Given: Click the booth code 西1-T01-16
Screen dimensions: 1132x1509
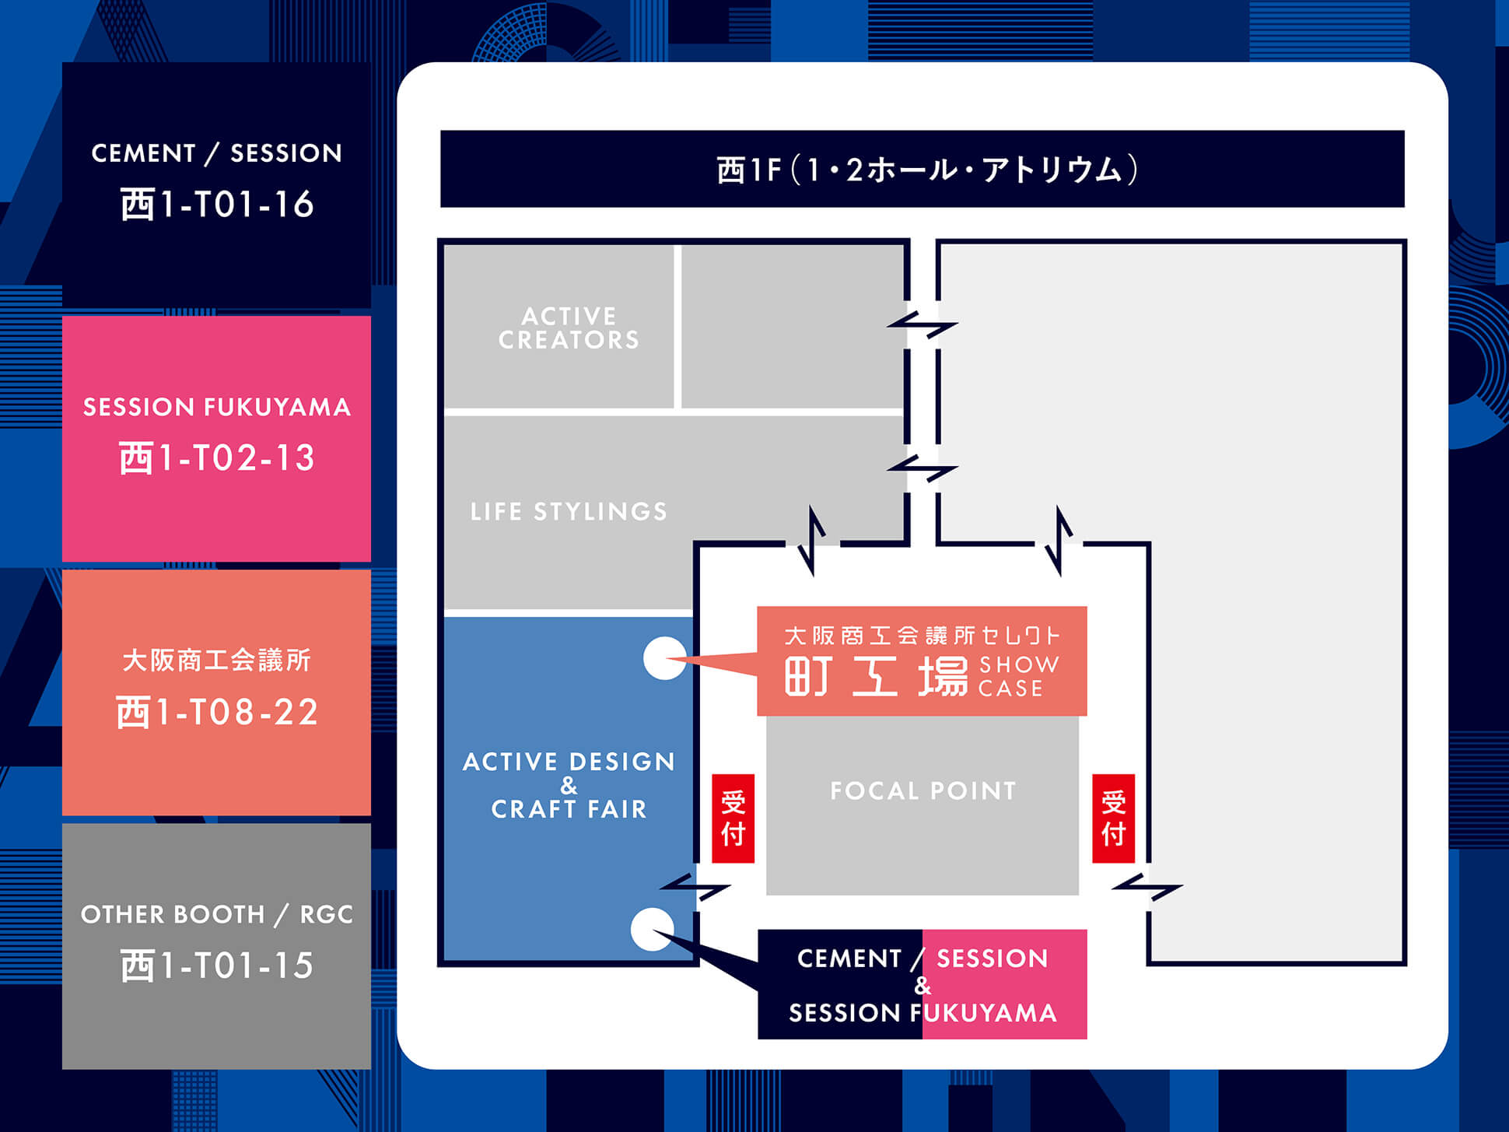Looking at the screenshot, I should pos(217,205).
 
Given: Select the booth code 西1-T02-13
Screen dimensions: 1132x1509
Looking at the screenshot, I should pos(217,458).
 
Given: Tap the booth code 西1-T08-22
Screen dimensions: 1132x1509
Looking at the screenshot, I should pos(217,712).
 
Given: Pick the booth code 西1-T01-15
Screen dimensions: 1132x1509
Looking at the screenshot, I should pos(217,966).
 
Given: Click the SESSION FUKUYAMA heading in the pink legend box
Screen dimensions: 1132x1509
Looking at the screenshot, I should pos(217,407).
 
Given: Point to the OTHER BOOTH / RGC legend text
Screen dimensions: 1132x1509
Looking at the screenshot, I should pos(217,914).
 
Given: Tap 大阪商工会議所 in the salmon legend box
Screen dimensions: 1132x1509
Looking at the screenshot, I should pos(217,661).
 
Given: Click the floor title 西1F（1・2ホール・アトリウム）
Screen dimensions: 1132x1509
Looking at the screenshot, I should pos(926,170).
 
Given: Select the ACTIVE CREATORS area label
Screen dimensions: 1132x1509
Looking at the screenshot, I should pos(569,328).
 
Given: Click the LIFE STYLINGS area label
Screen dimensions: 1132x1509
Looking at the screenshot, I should pos(569,511).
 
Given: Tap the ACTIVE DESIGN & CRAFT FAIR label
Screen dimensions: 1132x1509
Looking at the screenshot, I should pos(569,785).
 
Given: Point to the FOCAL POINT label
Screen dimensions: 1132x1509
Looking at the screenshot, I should pos(923,791).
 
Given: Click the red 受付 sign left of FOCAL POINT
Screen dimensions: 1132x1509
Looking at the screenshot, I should pos(733,818).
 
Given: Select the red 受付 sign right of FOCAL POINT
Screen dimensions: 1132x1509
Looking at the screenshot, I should pos(1113,818).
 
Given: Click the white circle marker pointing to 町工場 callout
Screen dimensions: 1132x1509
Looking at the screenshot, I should pos(664,658).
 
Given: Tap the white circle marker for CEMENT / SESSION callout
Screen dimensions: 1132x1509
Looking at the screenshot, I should pos(652,929).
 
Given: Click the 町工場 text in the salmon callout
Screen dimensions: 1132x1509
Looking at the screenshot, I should pos(876,675).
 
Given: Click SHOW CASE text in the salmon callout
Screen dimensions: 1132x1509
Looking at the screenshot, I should pos(1017,676).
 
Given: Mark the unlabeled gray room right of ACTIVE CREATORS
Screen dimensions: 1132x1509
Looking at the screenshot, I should pos(792,327).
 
